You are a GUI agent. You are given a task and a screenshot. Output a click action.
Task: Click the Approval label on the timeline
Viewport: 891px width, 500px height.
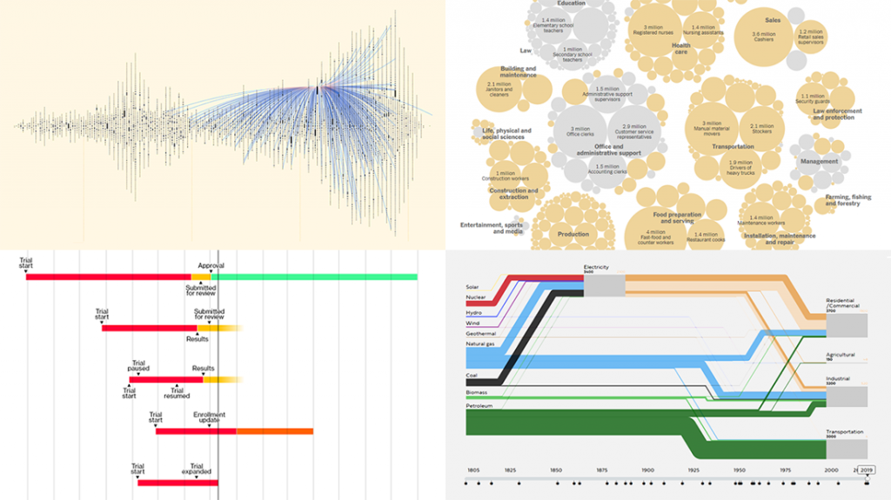point(211,265)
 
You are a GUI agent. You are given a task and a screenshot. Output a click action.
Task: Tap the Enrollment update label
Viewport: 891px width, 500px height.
point(211,418)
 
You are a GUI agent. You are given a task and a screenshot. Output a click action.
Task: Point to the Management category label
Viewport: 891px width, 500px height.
point(819,162)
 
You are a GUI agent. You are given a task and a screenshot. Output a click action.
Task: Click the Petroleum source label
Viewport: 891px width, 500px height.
point(479,405)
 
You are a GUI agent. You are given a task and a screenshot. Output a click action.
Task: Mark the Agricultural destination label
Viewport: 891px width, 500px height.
point(841,355)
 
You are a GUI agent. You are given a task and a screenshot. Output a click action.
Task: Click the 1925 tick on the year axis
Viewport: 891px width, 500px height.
point(692,470)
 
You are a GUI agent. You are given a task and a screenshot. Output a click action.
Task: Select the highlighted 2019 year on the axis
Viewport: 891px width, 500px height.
point(868,470)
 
